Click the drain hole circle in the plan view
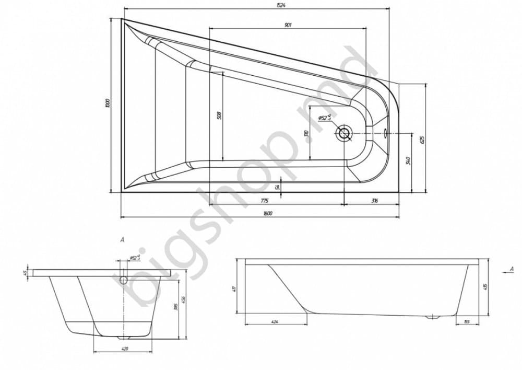[345, 133]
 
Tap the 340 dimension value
[408, 160]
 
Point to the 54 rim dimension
[278, 186]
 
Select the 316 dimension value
[374, 201]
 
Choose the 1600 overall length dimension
[268, 213]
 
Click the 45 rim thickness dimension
[25, 272]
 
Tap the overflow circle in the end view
[124, 280]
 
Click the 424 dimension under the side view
[274, 322]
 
